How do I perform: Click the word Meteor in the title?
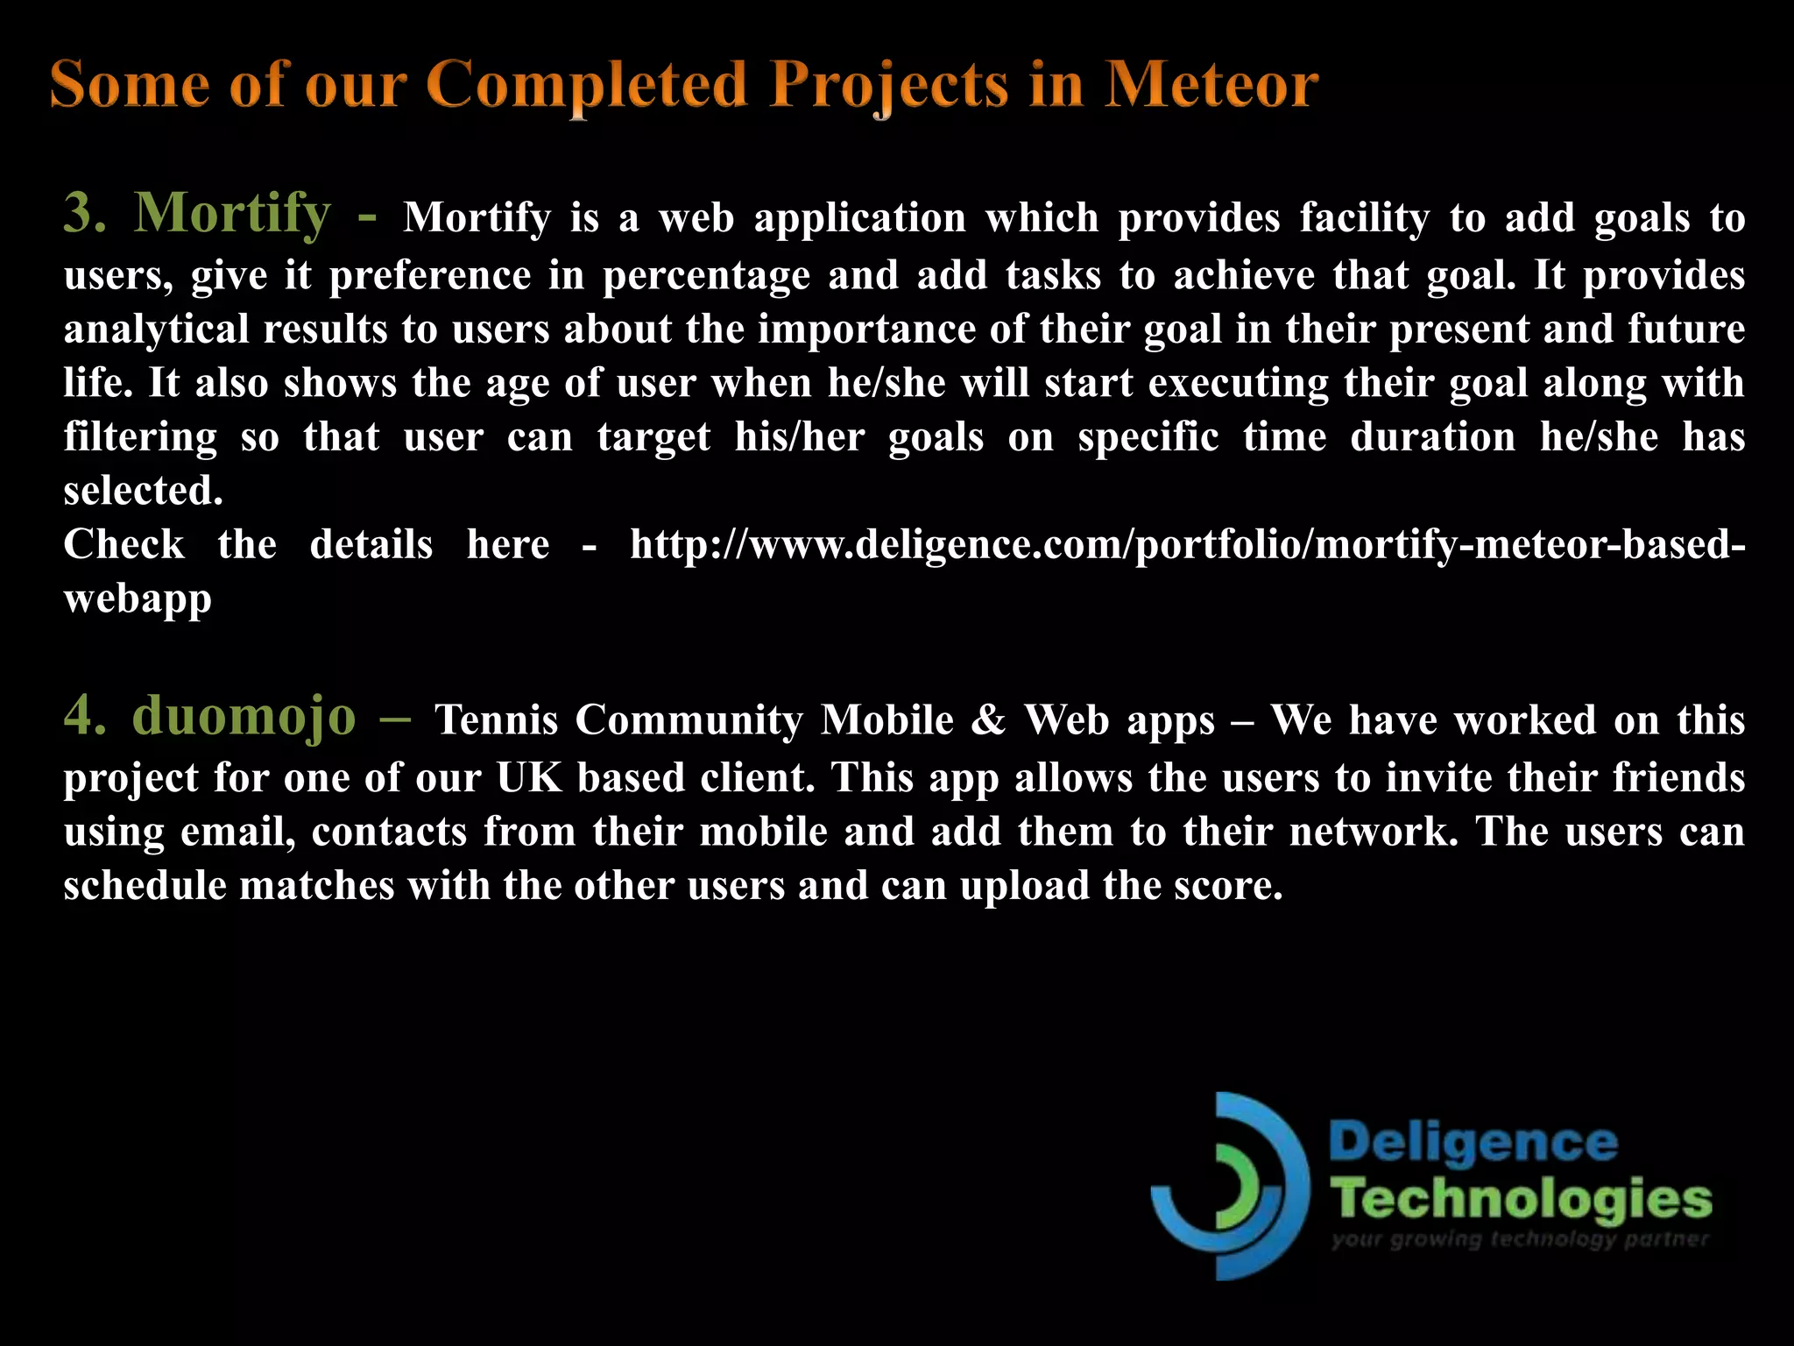click(x=1211, y=85)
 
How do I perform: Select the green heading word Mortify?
click(x=232, y=213)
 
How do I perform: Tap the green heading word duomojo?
click(x=244, y=716)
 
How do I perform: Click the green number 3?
click(x=84, y=213)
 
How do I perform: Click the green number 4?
click(x=84, y=716)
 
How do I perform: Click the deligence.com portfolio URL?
click(x=1187, y=545)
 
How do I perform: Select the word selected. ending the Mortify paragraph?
click(x=143, y=491)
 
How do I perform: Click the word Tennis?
click(x=497, y=720)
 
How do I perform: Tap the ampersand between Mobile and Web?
click(x=989, y=720)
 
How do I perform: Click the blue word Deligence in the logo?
click(x=1473, y=1144)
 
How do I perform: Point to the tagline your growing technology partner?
click(x=1520, y=1240)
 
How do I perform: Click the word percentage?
click(x=706, y=276)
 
